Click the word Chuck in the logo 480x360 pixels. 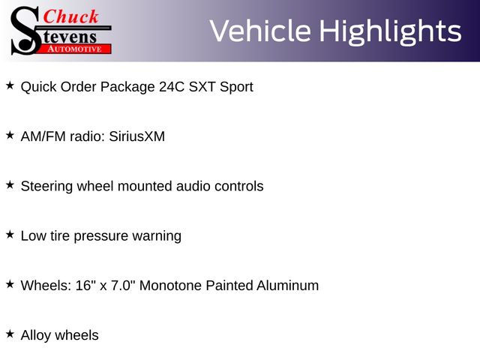point(70,17)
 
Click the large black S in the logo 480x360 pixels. point(25,31)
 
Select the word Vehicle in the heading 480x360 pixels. point(260,31)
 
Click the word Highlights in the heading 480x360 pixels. point(390,31)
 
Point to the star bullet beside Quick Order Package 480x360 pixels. point(10,85)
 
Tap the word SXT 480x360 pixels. point(202,87)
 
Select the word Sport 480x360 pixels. point(236,88)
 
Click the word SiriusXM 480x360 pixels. point(136,136)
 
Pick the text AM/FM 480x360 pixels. point(43,136)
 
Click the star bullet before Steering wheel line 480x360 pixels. point(10,185)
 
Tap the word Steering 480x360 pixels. point(46,187)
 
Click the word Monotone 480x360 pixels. point(170,285)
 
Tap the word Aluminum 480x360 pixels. point(287,285)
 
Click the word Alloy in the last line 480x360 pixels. point(36,335)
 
